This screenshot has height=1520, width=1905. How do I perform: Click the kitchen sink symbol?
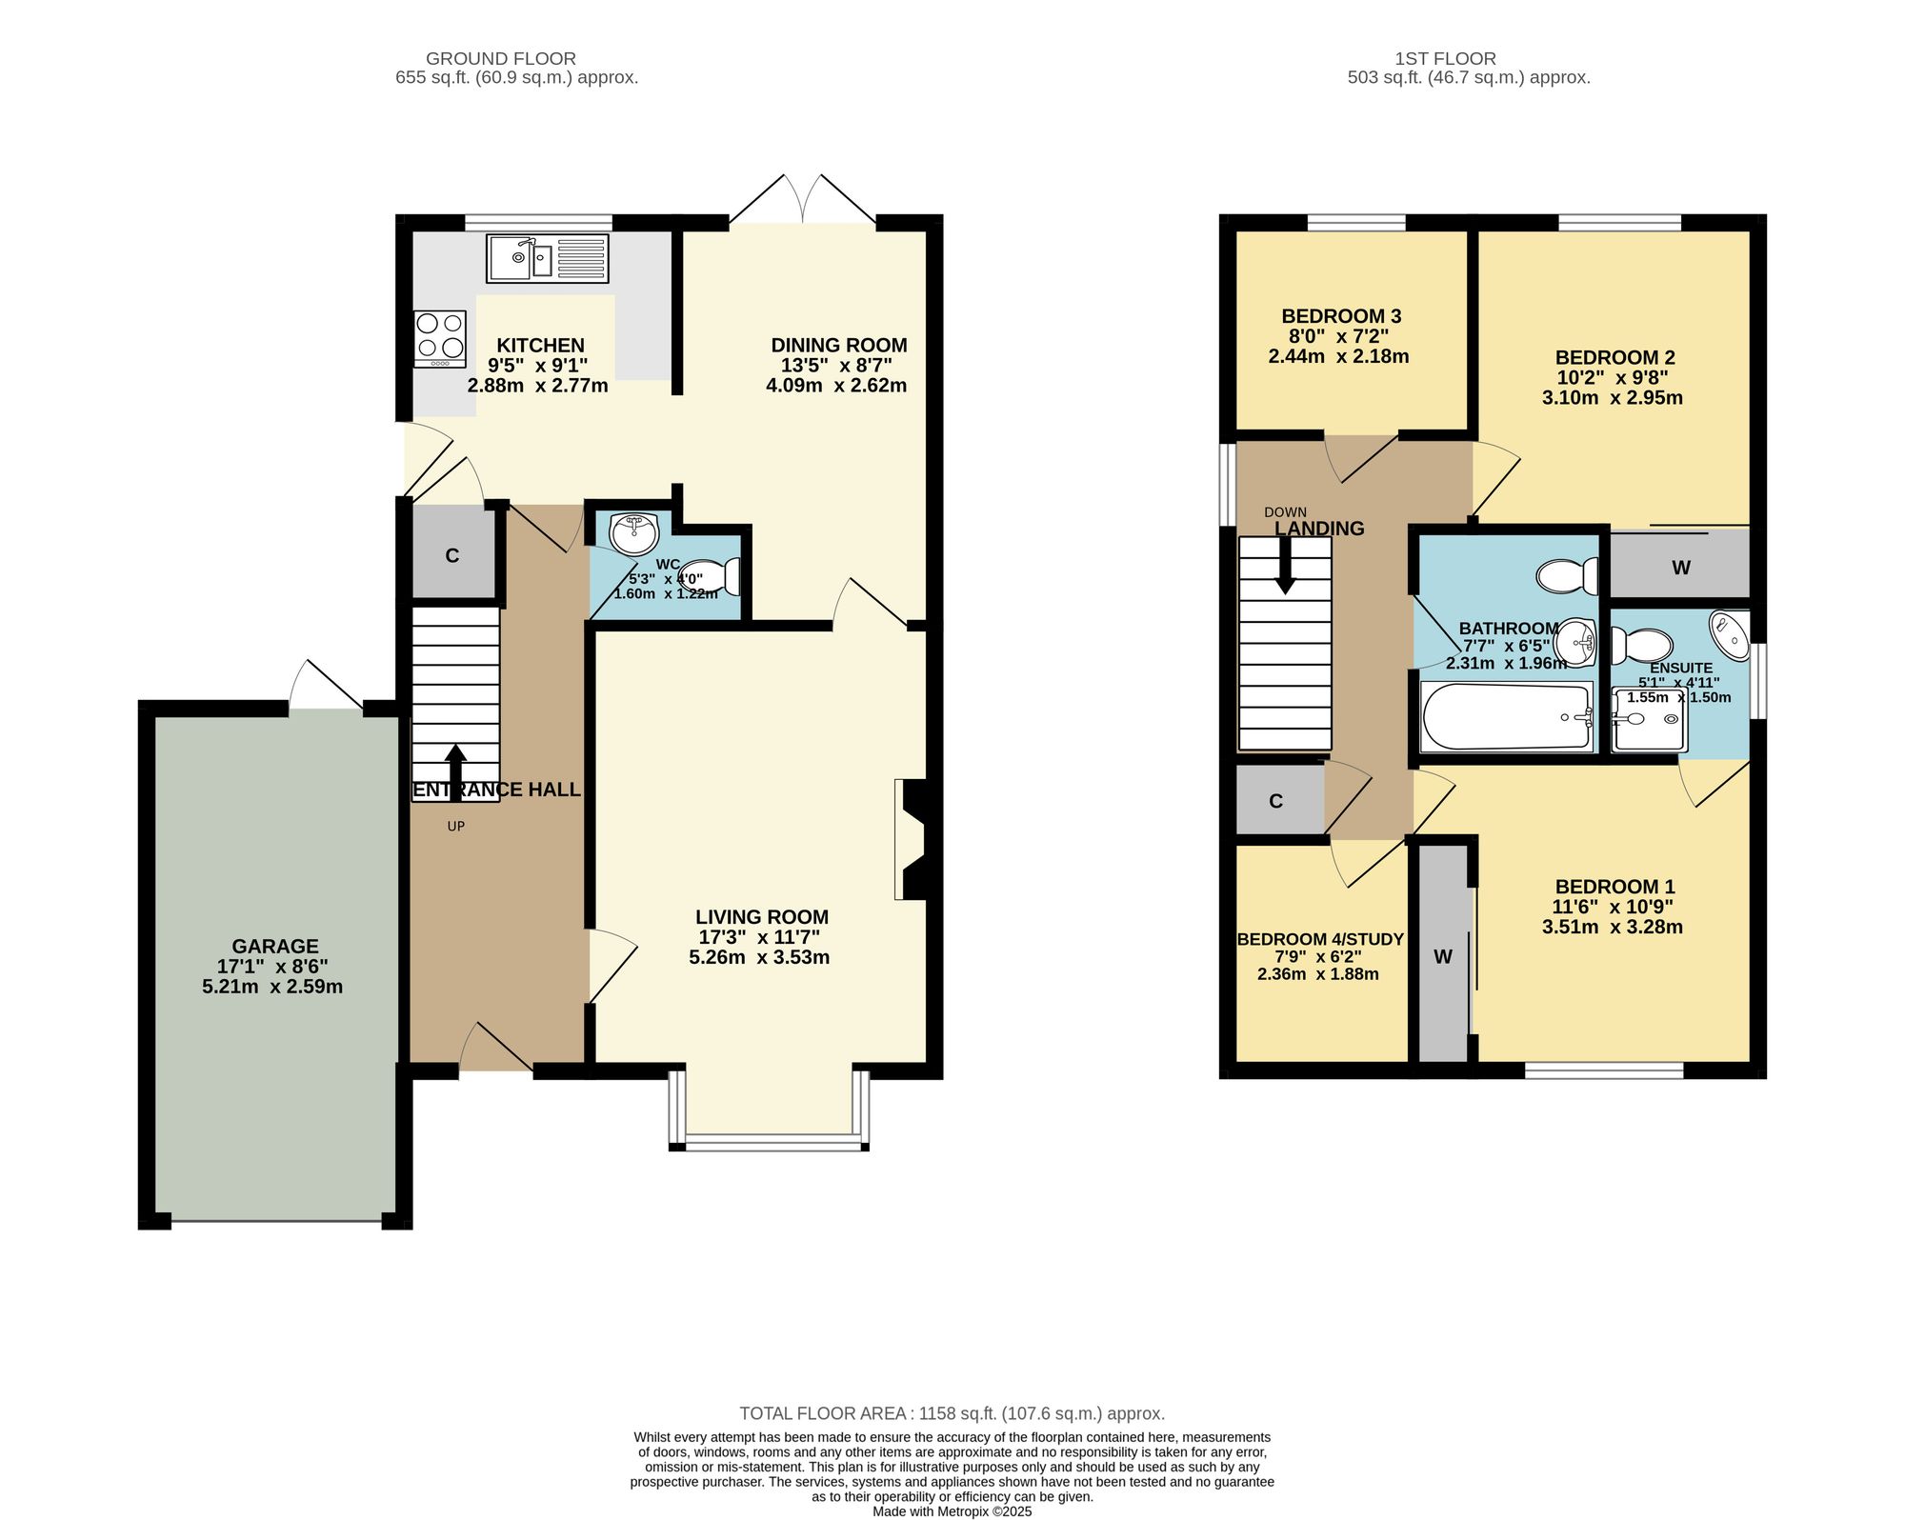(x=547, y=258)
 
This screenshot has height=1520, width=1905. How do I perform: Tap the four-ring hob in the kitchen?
(x=440, y=338)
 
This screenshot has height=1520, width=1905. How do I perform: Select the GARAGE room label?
(x=275, y=946)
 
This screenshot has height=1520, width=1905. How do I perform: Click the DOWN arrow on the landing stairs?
(x=1285, y=566)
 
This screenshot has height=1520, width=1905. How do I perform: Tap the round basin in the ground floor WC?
(x=633, y=534)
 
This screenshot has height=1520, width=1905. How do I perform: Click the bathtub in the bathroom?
(x=1506, y=717)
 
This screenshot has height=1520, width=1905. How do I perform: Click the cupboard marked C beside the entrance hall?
(x=452, y=555)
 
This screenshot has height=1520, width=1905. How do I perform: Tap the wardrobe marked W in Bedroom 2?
(x=1680, y=568)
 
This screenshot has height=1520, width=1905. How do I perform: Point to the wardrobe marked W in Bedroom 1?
(x=1443, y=956)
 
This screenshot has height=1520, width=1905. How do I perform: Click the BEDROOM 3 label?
(x=1340, y=316)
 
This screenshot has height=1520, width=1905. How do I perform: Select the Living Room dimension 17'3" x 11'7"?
(x=761, y=937)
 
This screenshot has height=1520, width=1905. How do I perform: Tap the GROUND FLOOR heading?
(x=500, y=58)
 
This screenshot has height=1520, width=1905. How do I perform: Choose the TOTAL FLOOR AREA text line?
(x=952, y=1413)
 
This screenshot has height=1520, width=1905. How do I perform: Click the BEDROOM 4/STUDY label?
(x=1320, y=939)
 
